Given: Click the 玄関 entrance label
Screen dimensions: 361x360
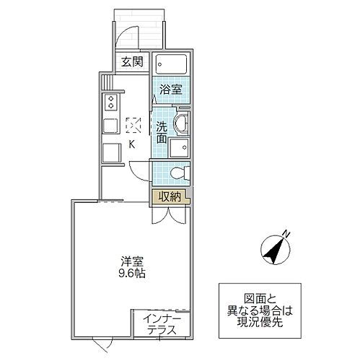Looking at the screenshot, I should (x=131, y=61).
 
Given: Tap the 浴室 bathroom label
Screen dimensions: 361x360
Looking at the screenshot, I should (x=170, y=90).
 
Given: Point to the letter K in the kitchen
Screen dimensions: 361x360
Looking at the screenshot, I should (x=132, y=143).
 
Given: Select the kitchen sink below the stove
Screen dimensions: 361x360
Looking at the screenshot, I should (x=110, y=125).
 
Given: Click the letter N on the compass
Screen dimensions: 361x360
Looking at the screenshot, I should (x=286, y=232).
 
